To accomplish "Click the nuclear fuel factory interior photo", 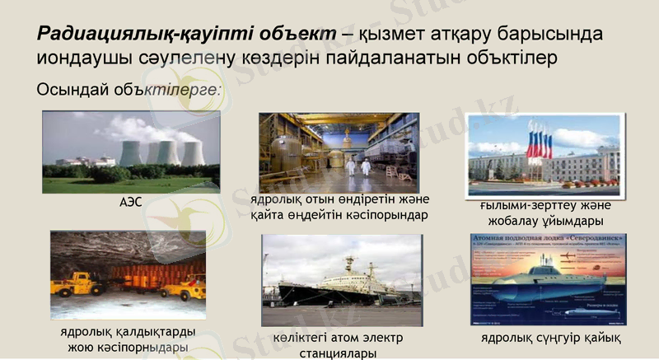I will (x=339, y=152).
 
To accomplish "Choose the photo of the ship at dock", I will (x=342, y=279).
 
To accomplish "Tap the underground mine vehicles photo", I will (x=128, y=276).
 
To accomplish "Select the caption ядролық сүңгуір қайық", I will (x=551, y=339).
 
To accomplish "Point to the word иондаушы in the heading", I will (x=74, y=59).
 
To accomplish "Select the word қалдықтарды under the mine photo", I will (x=154, y=331).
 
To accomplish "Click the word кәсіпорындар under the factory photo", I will (x=388, y=215).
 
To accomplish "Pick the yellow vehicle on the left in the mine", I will (x=77, y=284).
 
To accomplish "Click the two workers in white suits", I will (x=357, y=166).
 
